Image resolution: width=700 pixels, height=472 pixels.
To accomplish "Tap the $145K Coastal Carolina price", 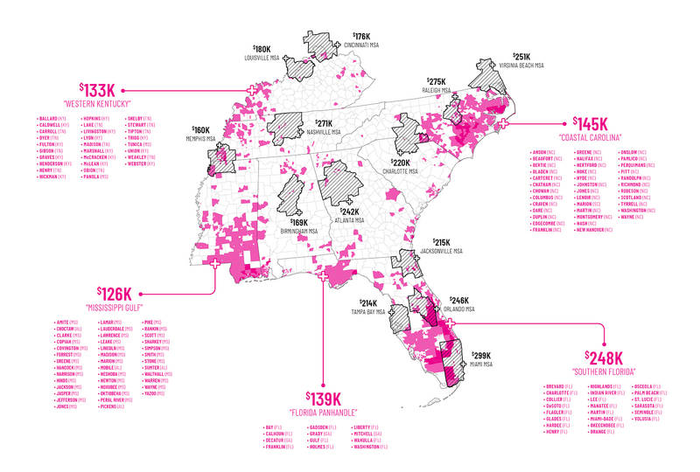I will coord(591,124).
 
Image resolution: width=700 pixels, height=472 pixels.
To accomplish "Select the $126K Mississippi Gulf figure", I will coord(114,294).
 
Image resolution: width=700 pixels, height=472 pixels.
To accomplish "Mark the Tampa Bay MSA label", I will coord(367,312).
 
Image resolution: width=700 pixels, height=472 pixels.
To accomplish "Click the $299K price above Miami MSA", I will coord(481,356).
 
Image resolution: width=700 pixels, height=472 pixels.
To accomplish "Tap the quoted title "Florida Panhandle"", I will coord(323,413).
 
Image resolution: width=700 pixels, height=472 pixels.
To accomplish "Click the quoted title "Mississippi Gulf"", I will coord(114,309).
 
